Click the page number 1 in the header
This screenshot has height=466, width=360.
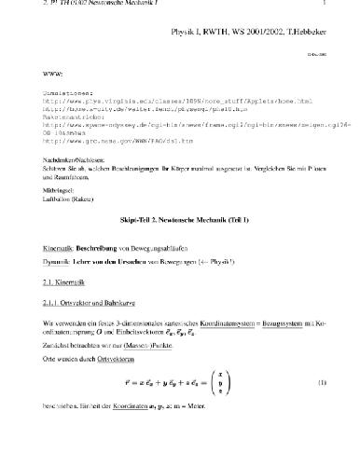pyautogui.click(x=348, y=7)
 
